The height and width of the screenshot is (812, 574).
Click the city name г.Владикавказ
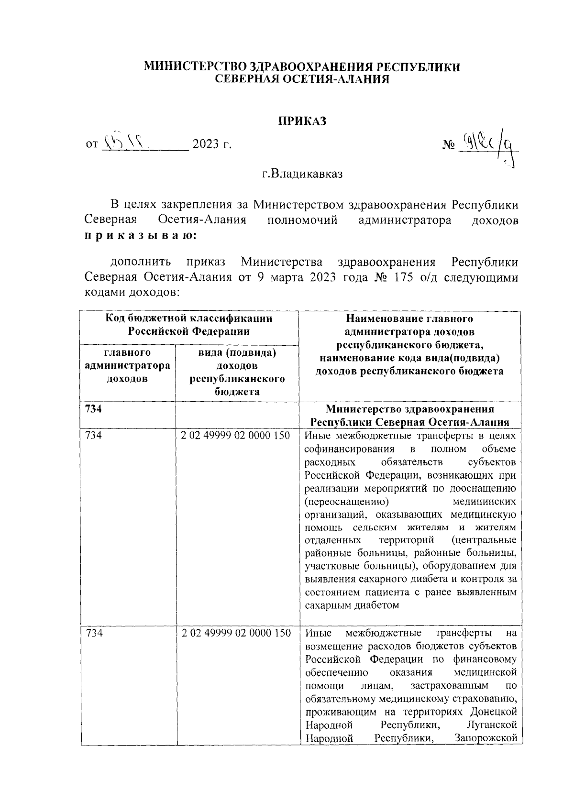[x=302, y=174]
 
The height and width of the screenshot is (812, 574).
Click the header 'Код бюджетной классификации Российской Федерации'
[x=189, y=325]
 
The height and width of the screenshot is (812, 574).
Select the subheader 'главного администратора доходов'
[x=127, y=366]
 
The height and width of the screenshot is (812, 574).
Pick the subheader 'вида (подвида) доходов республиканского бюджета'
[x=237, y=372]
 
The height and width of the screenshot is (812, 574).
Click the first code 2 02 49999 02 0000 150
[x=236, y=436]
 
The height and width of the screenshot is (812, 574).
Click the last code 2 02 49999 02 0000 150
[x=236, y=633]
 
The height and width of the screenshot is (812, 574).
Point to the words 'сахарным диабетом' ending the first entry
[x=352, y=605]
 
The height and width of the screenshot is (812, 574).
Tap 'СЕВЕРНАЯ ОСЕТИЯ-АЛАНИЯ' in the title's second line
[x=302, y=79]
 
